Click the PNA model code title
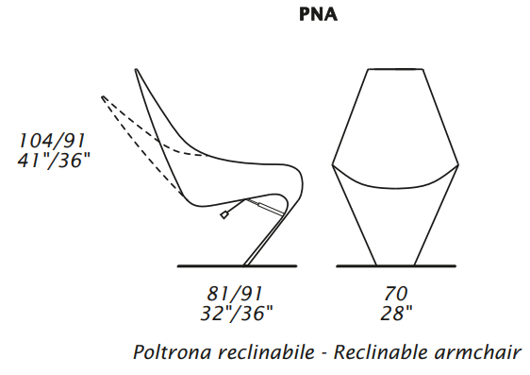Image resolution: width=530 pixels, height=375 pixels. (x=318, y=14)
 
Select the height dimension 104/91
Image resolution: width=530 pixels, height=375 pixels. (x=51, y=141)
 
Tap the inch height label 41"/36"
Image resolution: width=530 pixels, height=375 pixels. (x=54, y=160)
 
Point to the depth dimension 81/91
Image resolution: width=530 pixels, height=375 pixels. (x=235, y=294)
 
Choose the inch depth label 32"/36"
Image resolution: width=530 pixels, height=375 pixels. (x=237, y=313)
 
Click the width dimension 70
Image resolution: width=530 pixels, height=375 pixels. (x=395, y=294)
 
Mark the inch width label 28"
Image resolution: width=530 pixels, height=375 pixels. (x=396, y=313)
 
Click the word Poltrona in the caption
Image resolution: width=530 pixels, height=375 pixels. (x=173, y=352)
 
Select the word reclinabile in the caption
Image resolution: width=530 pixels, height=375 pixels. (x=266, y=352)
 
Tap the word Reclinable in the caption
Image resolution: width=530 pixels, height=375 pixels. (x=381, y=352)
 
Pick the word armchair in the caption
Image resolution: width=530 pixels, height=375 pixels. (x=477, y=352)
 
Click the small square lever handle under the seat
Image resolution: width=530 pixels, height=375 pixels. (x=224, y=215)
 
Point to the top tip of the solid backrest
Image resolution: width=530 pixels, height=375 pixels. (x=136, y=70)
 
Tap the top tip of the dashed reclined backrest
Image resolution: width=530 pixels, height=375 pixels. (x=103, y=97)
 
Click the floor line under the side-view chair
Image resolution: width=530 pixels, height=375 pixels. (x=237, y=266)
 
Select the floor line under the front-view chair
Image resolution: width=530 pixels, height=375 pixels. (x=396, y=266)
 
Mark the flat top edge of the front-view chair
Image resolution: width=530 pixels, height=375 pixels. (x=395, y=69)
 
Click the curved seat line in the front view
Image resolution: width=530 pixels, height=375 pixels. (x=395, y=187)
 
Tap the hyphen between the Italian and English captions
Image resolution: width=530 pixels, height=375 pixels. (x=324, y=353)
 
